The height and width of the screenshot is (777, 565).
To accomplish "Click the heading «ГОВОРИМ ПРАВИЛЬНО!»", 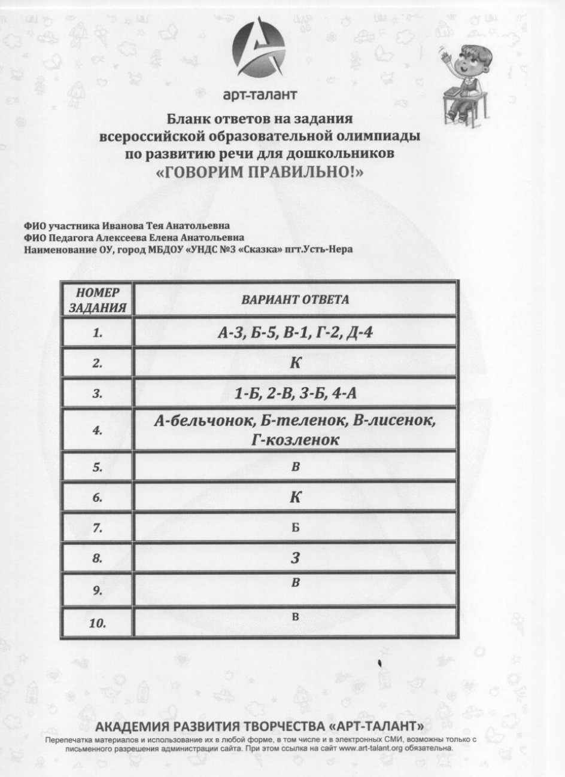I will pyautogui.click(x=260, y=172).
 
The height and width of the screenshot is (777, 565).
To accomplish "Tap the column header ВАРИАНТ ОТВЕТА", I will pyautogui.click(x=295, y=300).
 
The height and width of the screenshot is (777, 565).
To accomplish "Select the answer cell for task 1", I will pyautogui.click(x=295, y=333).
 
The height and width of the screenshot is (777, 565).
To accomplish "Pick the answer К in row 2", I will pyautogui.click(x=294, y=364).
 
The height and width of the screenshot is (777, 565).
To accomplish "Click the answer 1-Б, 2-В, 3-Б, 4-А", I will pyautogui.click(x=295, y=394).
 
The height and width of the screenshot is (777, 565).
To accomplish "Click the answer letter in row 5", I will pyautogui.click(x=295, y=467).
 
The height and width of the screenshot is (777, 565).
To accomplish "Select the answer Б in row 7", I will pyautogui.click(x=295, y=528).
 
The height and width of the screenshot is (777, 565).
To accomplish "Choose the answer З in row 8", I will pyautogui.click(x=294, y=559).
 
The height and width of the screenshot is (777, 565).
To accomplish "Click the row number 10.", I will pyautogui.click(x=98, y=624).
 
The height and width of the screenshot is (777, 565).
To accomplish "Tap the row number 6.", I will pyautogui.click(x=98, y=498).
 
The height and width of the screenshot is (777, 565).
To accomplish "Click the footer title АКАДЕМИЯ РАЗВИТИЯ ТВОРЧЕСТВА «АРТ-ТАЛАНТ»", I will pyautogui.click(x=260, y=727).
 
